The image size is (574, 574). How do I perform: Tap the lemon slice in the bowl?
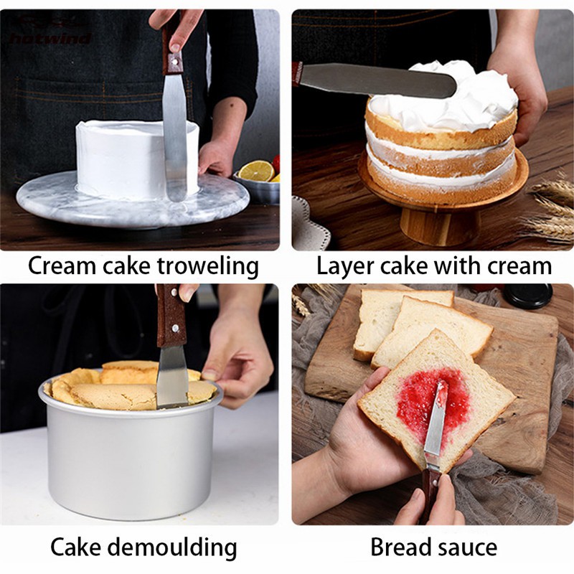[256, 171]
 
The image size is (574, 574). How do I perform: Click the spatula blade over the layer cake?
[380, 79]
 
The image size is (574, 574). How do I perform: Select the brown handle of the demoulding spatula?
[171, 316]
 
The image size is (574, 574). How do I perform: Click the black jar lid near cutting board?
[527, 295]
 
